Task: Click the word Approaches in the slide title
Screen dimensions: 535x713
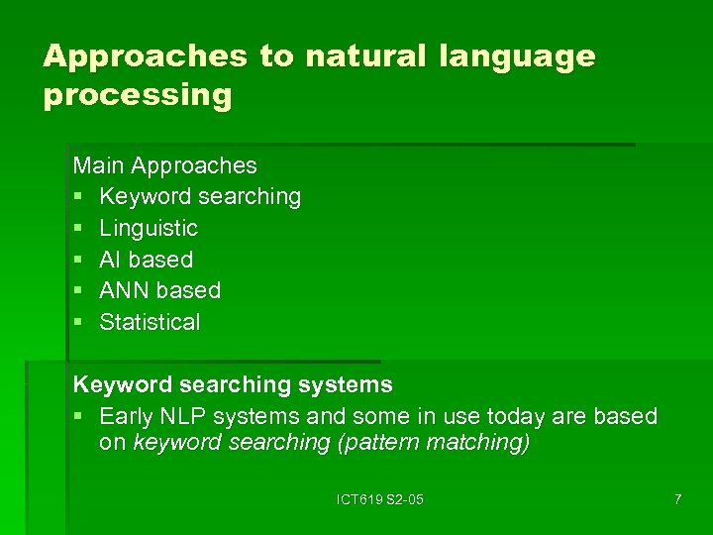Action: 145,56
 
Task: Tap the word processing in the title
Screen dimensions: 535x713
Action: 138,96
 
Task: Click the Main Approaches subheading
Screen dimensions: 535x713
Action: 165,165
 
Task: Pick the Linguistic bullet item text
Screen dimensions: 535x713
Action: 149,228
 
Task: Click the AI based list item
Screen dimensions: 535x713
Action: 146,260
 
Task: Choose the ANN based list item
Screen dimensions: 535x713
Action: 159,290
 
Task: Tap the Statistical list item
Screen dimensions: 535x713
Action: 150,322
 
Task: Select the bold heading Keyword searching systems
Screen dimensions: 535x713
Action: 233,384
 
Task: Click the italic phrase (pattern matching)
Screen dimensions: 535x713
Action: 434,443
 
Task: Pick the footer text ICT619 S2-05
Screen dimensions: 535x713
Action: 380,499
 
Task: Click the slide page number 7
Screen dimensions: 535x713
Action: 677,499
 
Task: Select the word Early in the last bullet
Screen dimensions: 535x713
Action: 128,416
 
